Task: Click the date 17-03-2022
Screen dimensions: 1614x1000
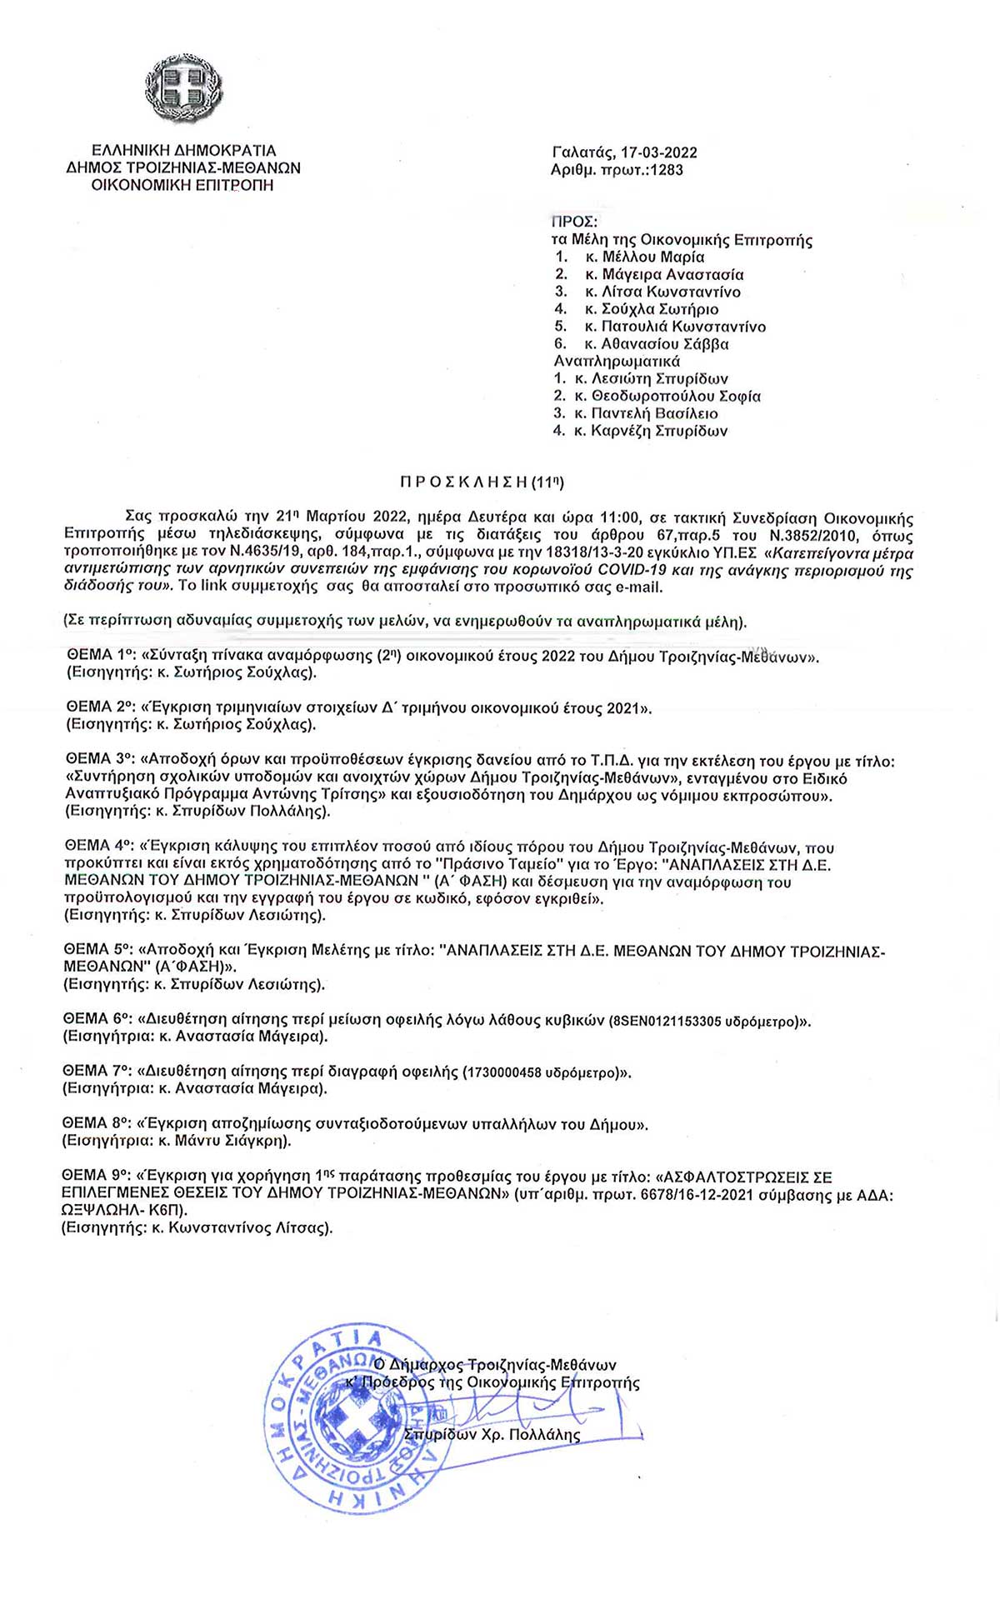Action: tap(658, 152)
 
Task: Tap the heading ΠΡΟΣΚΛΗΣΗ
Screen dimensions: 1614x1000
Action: tap(463, 482)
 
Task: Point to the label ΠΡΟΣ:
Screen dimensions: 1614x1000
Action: tap(574, 222)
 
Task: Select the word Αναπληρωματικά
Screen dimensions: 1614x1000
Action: tap(617, 361)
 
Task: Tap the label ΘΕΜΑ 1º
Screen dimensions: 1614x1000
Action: tap(99, 656)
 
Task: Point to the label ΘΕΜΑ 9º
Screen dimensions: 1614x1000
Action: tap(97, 1176)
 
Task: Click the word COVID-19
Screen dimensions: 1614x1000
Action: tap(633, 571)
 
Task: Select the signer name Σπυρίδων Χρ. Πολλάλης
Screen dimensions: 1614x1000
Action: tap(492, 1435)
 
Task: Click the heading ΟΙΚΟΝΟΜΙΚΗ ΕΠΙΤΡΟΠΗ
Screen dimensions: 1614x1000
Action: tap(182, 185)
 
